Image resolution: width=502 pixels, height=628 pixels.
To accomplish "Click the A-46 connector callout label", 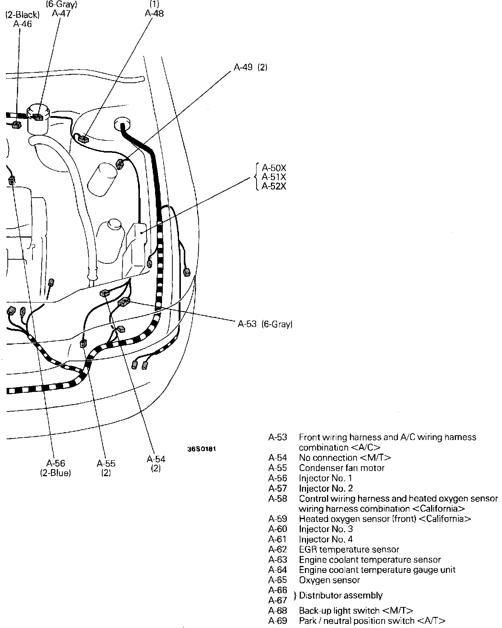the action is point(23,24).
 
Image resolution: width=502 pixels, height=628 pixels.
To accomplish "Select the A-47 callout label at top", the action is point(61,14).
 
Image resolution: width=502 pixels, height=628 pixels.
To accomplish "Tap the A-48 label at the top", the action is point(154,14).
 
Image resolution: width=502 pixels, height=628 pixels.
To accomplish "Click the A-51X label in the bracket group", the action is point(274,177).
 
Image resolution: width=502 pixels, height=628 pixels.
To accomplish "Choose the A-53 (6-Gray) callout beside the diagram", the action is point(265,324).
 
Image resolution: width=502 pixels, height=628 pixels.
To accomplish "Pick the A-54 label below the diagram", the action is point(156,459).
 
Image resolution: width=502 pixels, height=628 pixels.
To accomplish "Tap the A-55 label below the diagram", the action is point(106,463).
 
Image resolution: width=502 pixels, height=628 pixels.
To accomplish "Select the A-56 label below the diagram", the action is point(56,463).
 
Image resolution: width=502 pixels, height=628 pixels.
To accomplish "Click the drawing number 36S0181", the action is point(201,449).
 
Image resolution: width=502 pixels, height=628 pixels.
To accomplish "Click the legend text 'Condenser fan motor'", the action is point(342,468).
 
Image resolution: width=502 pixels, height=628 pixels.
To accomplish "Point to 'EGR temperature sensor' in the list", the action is point(349,550).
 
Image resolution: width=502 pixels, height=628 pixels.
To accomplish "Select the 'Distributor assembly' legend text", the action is point(341,595).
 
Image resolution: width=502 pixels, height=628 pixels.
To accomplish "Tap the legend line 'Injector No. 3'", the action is point(326,529).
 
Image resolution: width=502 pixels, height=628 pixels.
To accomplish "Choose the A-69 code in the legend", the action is point(278,621).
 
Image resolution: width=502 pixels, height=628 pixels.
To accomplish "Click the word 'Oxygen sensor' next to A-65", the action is point(329,580).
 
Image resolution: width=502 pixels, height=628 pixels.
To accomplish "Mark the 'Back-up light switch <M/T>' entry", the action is point(356,611).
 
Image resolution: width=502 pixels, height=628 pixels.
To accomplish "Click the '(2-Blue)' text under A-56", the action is point(55,473).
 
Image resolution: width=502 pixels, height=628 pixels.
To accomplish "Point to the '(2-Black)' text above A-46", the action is point(22,15).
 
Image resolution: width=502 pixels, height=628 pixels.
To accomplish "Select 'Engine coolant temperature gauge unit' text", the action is point(377,570).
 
